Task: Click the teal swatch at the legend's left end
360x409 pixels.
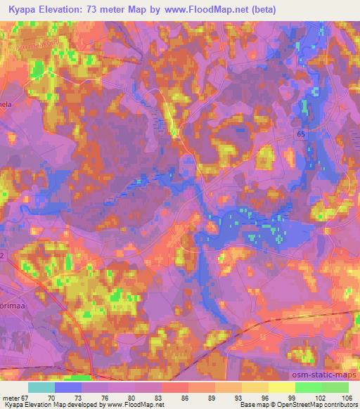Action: [41, 387]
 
